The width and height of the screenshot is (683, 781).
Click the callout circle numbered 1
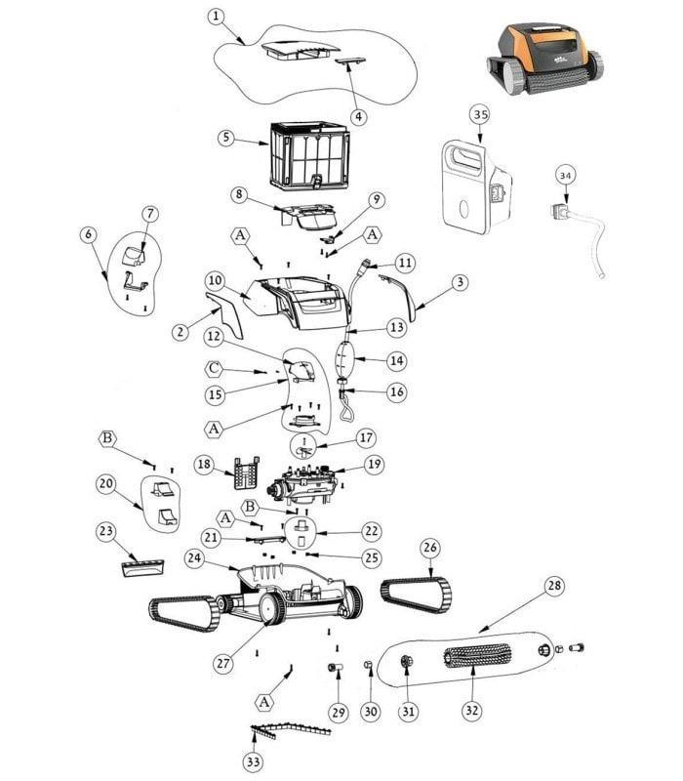(x=216, y=17)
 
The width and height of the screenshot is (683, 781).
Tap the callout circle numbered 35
(x=479, y=114)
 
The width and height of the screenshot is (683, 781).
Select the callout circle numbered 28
(x=554, y=586)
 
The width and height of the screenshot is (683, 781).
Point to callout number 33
(x=253, y=762)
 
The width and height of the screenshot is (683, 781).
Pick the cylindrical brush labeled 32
(x=478, y=656)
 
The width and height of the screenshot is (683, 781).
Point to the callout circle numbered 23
(x=106, y=531)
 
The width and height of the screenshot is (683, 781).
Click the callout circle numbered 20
(x=106, y=484)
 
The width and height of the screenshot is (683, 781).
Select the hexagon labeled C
(x=215, y=368)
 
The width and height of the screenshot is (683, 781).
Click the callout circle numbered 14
(x=396, y=360)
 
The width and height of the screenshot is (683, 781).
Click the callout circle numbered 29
(x=338, y=712)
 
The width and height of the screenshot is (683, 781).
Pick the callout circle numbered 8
(x=237, y=193)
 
